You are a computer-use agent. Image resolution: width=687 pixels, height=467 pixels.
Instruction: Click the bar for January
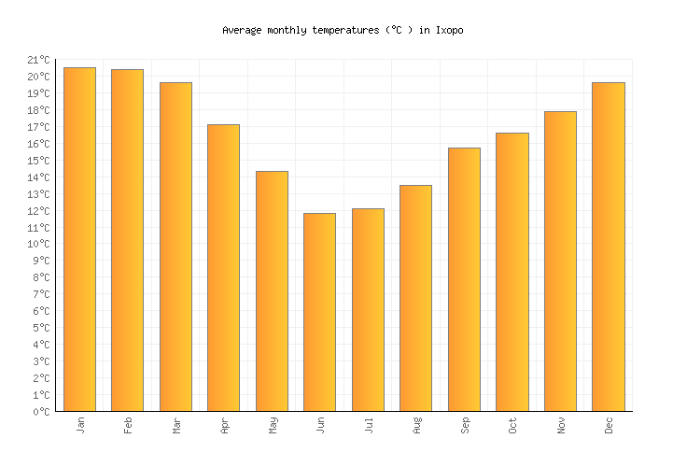tap(79, 239)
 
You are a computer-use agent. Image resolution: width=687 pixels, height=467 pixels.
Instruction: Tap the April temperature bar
tap(223, 268)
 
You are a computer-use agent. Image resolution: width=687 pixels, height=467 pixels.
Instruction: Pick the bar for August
tap(415, 298)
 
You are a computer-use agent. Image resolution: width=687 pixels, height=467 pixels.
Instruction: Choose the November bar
tap(560, 262)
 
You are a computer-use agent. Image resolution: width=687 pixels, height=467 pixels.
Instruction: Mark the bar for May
tap(272, 291)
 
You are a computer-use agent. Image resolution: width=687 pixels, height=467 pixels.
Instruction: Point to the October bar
tap(512, 272)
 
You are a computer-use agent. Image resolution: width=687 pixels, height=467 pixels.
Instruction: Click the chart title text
tap(343, 30)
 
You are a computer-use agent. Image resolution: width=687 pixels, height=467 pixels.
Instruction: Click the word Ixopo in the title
tap(449, 30)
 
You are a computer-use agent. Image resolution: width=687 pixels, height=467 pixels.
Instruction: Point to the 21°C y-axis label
tap(38, 60)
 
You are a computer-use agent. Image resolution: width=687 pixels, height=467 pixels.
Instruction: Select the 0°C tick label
tap(41, 412)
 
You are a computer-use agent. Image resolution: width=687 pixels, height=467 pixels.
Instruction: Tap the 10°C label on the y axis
tap(38, 245)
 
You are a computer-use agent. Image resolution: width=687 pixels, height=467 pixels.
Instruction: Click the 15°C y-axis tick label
tap(38, 161)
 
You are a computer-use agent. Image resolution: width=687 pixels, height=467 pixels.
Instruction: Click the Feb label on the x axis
tap(128, 425)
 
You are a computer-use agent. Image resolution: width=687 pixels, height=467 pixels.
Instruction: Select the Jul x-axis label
tap(368, 425)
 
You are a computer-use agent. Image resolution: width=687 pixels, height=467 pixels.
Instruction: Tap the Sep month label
tap(464, 425)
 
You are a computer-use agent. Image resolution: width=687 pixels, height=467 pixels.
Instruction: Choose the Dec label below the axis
tap(609, 425)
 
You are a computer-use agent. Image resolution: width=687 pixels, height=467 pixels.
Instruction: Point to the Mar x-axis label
tap(175, 425)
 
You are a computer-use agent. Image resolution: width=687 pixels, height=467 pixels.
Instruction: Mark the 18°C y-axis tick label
tap(38, 110)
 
